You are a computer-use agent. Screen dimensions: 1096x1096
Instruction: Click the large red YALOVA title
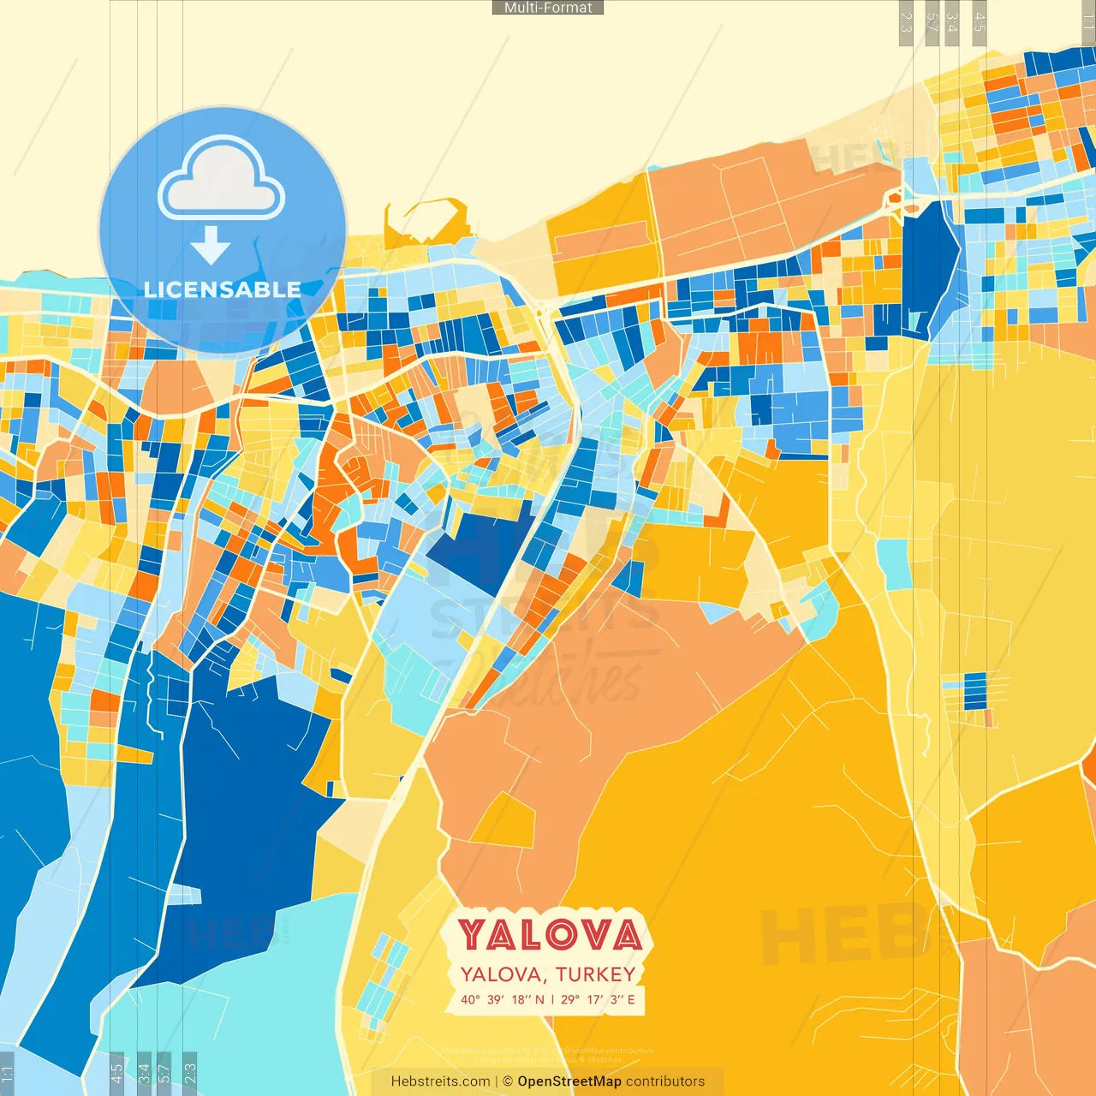[548, 935]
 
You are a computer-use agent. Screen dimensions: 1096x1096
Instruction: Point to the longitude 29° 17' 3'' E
[598, 999]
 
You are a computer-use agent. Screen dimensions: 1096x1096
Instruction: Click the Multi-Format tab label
[548, 8]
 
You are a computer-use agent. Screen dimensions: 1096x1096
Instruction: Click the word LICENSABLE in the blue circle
[223, 289]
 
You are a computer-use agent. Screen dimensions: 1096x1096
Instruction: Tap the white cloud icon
[222, 178]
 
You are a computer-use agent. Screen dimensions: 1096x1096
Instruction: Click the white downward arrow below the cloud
[211, 246]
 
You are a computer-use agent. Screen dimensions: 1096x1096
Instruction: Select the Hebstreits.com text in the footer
[440, 1081]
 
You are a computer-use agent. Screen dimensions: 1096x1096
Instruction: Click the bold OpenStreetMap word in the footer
[569, 1081]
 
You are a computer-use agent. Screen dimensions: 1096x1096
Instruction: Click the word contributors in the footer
[665, 1081]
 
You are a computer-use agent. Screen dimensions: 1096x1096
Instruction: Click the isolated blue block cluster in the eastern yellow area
[974, 692]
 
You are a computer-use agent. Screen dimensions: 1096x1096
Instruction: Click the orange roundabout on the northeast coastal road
[896, 199]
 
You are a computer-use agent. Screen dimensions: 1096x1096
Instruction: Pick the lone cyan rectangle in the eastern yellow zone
[893, 564]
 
